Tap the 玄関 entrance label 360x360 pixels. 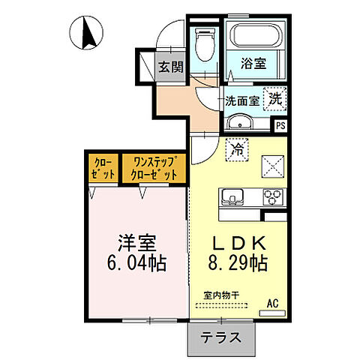pyautogui.click(x=170, y=67)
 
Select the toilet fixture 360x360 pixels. pyautogui.click(x=204, y=46)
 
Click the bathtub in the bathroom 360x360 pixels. pyautogui.click(x=255, y=37)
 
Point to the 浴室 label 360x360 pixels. pyautogui.click(x=254, y=64)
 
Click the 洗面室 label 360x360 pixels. pyautogui.click(x=242, y=100)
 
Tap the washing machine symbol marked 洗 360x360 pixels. pyautogui.click(x=275, y=99)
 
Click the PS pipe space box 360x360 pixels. pyautogui.click(x=280, y=126)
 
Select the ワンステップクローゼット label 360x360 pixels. pyautogui.click(x=154, y=167)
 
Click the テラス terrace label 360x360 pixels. pyautogui.click(x=221, y=337)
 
